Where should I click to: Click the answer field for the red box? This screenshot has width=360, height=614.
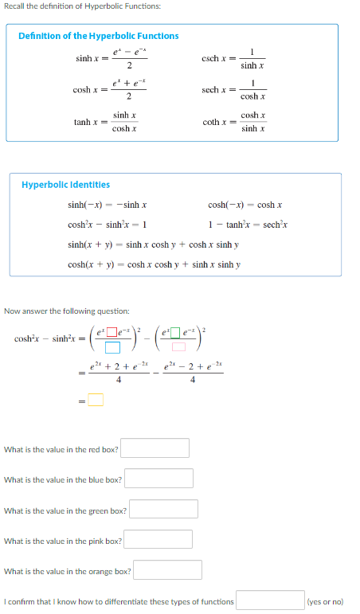[155, 448]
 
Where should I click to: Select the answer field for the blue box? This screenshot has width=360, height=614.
[158, 479]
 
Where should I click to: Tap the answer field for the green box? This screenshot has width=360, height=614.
[163, 509]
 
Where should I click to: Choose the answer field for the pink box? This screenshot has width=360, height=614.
[158, 540]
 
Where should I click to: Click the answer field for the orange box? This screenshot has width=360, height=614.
[167, 570]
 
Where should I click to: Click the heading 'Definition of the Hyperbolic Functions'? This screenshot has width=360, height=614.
[98, 36]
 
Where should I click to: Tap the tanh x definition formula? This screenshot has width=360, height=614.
[103, 122]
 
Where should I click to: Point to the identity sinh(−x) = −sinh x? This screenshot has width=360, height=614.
[108, 205]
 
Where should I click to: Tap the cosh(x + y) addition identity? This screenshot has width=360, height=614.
[155, 264]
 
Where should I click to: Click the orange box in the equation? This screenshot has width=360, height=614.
[96, 400]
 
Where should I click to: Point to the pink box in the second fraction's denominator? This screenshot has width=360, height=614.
[179, 347]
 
